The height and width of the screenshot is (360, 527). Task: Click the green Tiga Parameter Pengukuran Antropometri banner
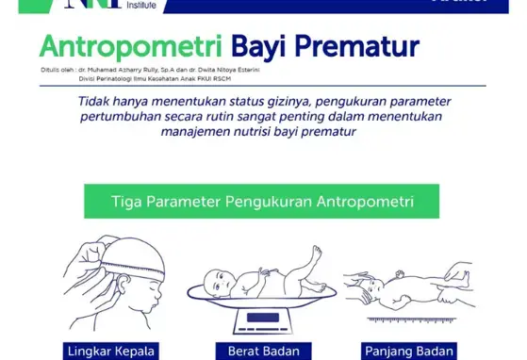pos(262,201)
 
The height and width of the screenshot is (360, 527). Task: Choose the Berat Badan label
pos(263,351)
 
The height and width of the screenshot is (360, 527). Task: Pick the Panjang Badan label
pos(414,351)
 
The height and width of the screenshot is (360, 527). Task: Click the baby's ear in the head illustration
pos(129,288)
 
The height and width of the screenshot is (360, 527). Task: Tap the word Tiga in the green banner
pos(127,201)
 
